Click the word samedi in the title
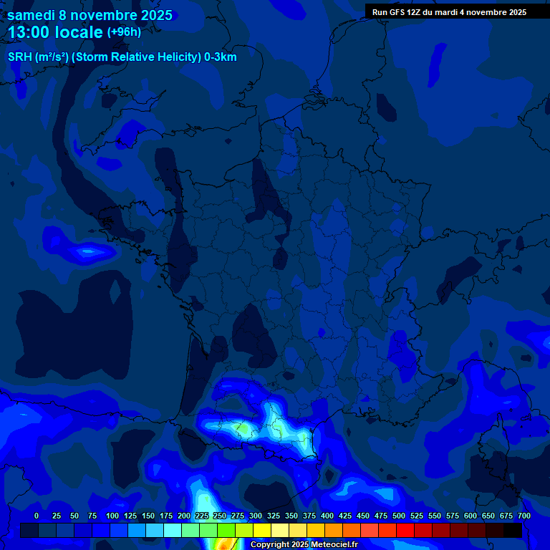coord(32,15)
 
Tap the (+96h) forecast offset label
coord(124,32)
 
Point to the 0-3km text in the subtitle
coord(219,57)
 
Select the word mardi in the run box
coord(450,12)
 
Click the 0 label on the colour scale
coord(37,516)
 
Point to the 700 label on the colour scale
coord(524,516)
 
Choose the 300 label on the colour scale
coord(256,516)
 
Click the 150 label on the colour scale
coord(148,516)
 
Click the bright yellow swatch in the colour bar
coord(262,531)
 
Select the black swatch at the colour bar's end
coord(513,531)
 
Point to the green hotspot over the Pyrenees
coord(243,429)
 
